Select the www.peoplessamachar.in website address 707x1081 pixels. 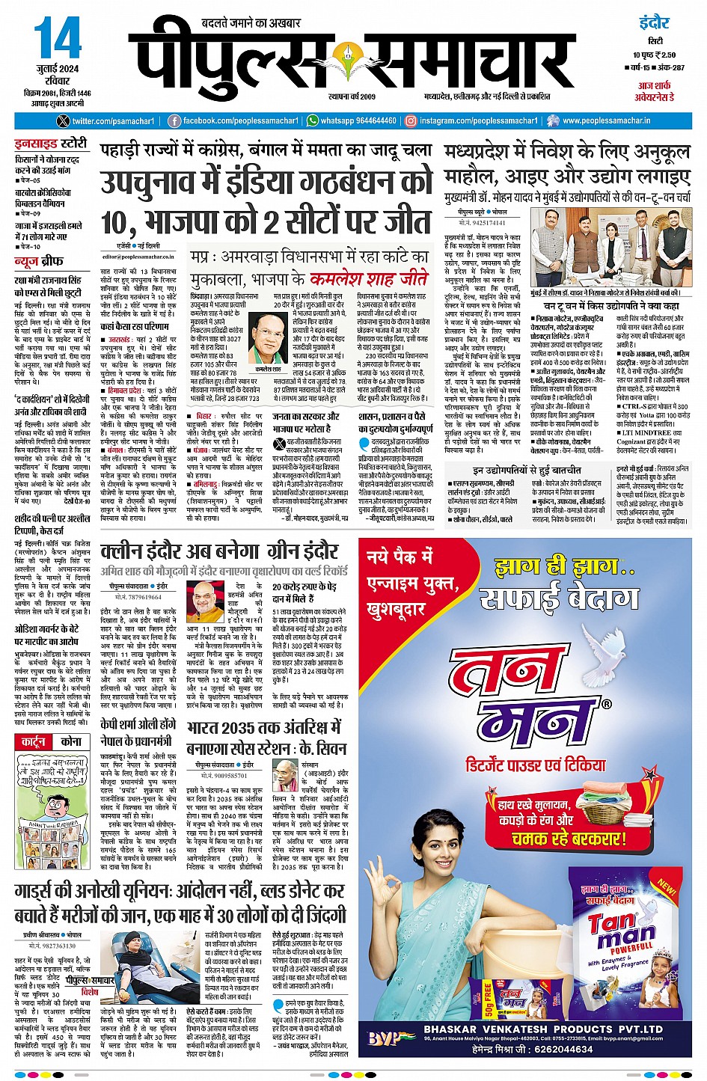(x=607, y=121)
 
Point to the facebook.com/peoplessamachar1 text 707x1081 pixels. (x=240, y=121)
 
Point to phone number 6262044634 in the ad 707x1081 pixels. (x=551, y=1050)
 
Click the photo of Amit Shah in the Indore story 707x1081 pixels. (x=210, y=603)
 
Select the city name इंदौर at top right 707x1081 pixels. (x=654, y=22)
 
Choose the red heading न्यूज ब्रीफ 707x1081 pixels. (x=39, y=261)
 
